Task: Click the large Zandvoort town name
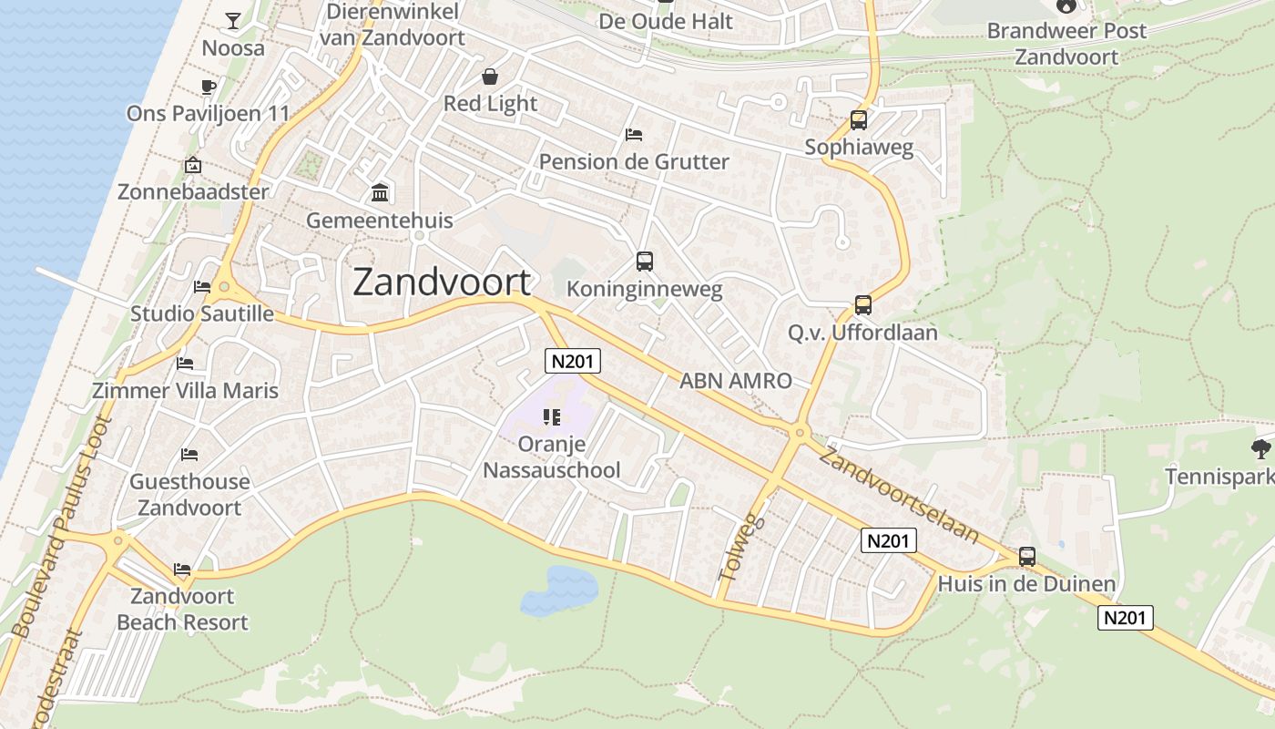[x=442, y=282]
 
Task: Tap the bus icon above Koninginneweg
[x=645, y=262]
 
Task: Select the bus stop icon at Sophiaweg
[x=858, y=119]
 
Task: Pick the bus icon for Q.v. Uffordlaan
[x=862, y=305]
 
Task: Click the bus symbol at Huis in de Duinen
[x=1027, y=556]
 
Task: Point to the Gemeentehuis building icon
[x=380, y=193]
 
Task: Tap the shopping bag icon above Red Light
[x=490, y=77]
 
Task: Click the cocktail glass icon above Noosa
[x=233, y=20]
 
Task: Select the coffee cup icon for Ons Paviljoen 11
[x=208, y=87]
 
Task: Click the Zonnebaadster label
[x=193, y=192]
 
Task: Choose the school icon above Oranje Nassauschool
[x=551, y=417]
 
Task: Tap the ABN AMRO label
[x=736, y=381]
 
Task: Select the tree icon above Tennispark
[x=1260, y=448]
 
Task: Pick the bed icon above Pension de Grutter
[x=634, y=135]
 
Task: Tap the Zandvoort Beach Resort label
[x=182, y=610]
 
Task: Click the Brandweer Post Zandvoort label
[x=1066, y=43]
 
